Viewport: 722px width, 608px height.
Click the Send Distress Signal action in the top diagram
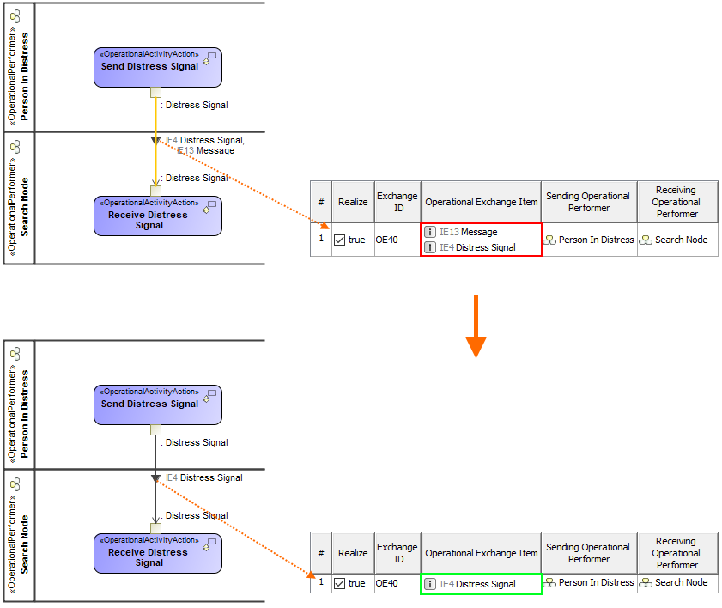158,67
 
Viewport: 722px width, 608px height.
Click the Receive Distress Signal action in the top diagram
158,216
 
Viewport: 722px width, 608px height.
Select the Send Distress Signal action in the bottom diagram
158,404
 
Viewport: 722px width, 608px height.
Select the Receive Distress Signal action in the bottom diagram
158,553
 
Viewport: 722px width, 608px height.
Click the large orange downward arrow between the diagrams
476,326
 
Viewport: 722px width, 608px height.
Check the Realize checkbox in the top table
340,240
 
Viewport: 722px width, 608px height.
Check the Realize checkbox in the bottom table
340,583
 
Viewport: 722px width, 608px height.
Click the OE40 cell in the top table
388,240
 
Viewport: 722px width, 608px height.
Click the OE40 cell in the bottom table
388,583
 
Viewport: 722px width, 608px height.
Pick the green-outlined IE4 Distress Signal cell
481,584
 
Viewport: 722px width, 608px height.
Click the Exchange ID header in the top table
397,202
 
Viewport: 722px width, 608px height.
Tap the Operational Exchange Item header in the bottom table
481,553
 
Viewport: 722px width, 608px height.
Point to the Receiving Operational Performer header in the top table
676,202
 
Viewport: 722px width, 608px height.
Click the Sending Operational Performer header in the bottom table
589,553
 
